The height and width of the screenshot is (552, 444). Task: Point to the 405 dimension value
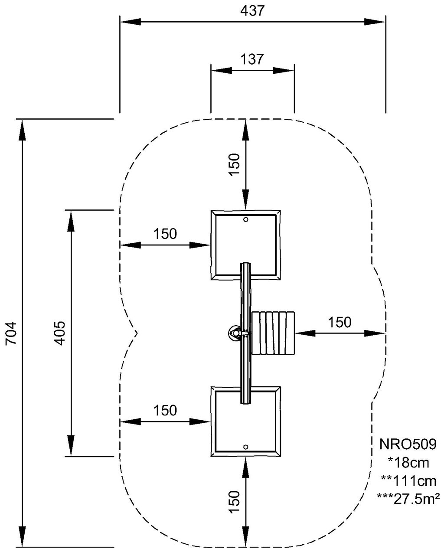pyautogui.click(x=60, y=333)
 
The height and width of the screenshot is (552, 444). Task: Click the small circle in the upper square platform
pyautogui.click(x=246, y=220)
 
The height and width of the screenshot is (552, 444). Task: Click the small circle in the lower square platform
pyautogui.click(x=246, y=447)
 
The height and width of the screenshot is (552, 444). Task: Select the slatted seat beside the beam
pyautogui.click(x=273, y=333)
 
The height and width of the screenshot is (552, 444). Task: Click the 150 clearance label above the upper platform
pyautogui.click(x=234, y=164)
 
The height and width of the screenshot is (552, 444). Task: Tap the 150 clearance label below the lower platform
pyautogui.click(x=234, y=502)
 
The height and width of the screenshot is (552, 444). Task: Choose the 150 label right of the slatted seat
pyautogui.click(x=340, y=322)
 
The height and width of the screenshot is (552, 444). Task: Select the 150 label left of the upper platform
pyautogui.click(x=165, y=234)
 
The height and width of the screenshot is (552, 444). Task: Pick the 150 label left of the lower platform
pyautogui.click(x=165, y=410)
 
